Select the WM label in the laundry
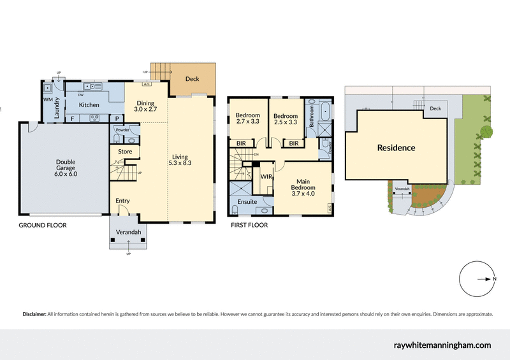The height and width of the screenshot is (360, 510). point(48,100)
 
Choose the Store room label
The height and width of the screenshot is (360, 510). point(124,152)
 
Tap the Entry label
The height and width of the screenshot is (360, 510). point(122,201)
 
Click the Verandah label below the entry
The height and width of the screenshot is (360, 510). point(128,232)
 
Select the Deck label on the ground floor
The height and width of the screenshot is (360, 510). point(192,79)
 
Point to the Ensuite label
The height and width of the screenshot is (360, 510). point(247,201)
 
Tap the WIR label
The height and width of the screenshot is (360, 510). point(266,176)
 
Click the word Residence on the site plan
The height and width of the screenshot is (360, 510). point(396,148)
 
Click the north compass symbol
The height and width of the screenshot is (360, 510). point(478,279)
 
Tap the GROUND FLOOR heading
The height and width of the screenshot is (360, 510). point(42,225)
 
